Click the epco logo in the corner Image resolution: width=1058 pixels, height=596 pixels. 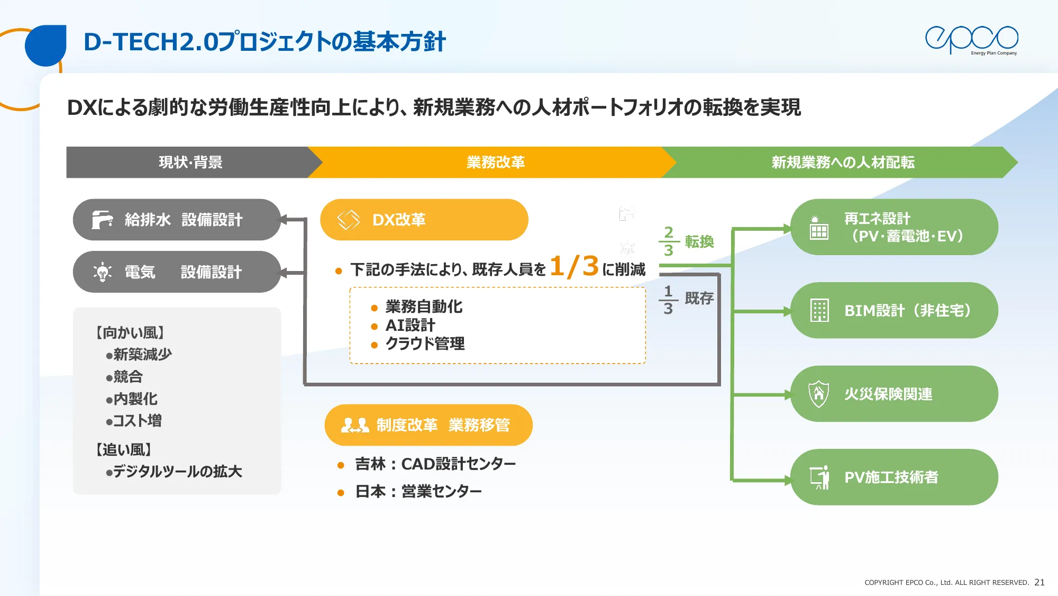tap(971, 40)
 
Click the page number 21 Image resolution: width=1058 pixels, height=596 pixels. tap(1039, 582)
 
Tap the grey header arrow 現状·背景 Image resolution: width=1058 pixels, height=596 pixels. tap(190, 162)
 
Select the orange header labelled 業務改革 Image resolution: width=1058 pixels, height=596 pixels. tap(495, 162)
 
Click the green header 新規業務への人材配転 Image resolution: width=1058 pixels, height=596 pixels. tap(842, 162)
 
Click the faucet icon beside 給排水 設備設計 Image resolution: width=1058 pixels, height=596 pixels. tap(102, 219)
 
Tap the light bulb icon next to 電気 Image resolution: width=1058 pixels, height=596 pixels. tap(103, 272)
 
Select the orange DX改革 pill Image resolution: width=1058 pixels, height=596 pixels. tap(424, 219)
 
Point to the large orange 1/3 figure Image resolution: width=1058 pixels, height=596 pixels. tap(574, 266)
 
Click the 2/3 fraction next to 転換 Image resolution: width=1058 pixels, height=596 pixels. tap(669, 241)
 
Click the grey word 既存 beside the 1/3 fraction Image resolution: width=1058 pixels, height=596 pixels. tap(699, 298)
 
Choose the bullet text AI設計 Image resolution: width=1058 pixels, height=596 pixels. tap(410, 325)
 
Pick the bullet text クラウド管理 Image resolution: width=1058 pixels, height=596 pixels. tap(425, 344)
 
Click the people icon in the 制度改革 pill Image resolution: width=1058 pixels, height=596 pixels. tap(355, 425)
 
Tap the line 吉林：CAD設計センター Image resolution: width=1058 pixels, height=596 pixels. tap(435, 464)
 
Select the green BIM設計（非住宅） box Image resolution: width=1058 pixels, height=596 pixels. tap(893, 310)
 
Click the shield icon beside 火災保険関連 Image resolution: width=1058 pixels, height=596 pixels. tap(818, 394)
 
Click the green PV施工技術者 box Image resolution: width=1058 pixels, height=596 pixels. tap(893, 477)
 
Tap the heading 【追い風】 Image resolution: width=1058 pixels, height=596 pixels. tap(124, 449)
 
